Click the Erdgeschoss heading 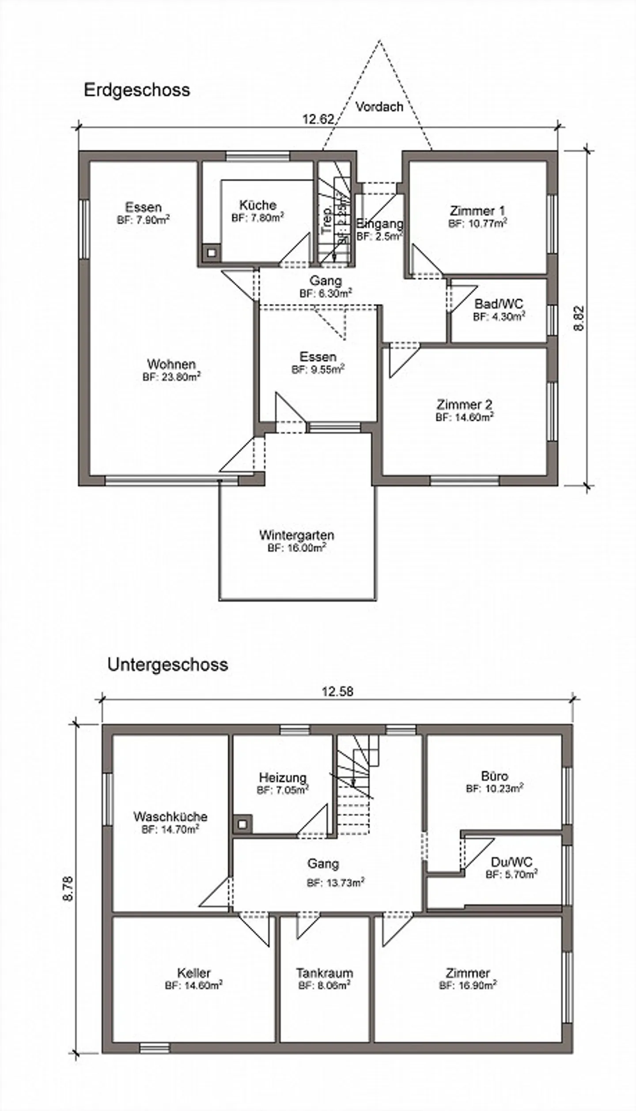tap(136, 90)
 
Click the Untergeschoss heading tap(167, 664)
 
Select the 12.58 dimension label tap(337, 691)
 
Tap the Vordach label tap(379, 106)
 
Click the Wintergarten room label tap(296, 535)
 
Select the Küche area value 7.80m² tap(257, 217)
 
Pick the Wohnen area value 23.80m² tap(171, 377)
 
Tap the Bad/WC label tap(499, 304)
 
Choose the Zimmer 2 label tap(464, 404)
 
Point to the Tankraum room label tap(325, 973)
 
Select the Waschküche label tap(170, 816)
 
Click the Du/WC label tap(511, 862)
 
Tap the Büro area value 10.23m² tap(495, 789)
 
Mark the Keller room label tap(193, 973)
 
